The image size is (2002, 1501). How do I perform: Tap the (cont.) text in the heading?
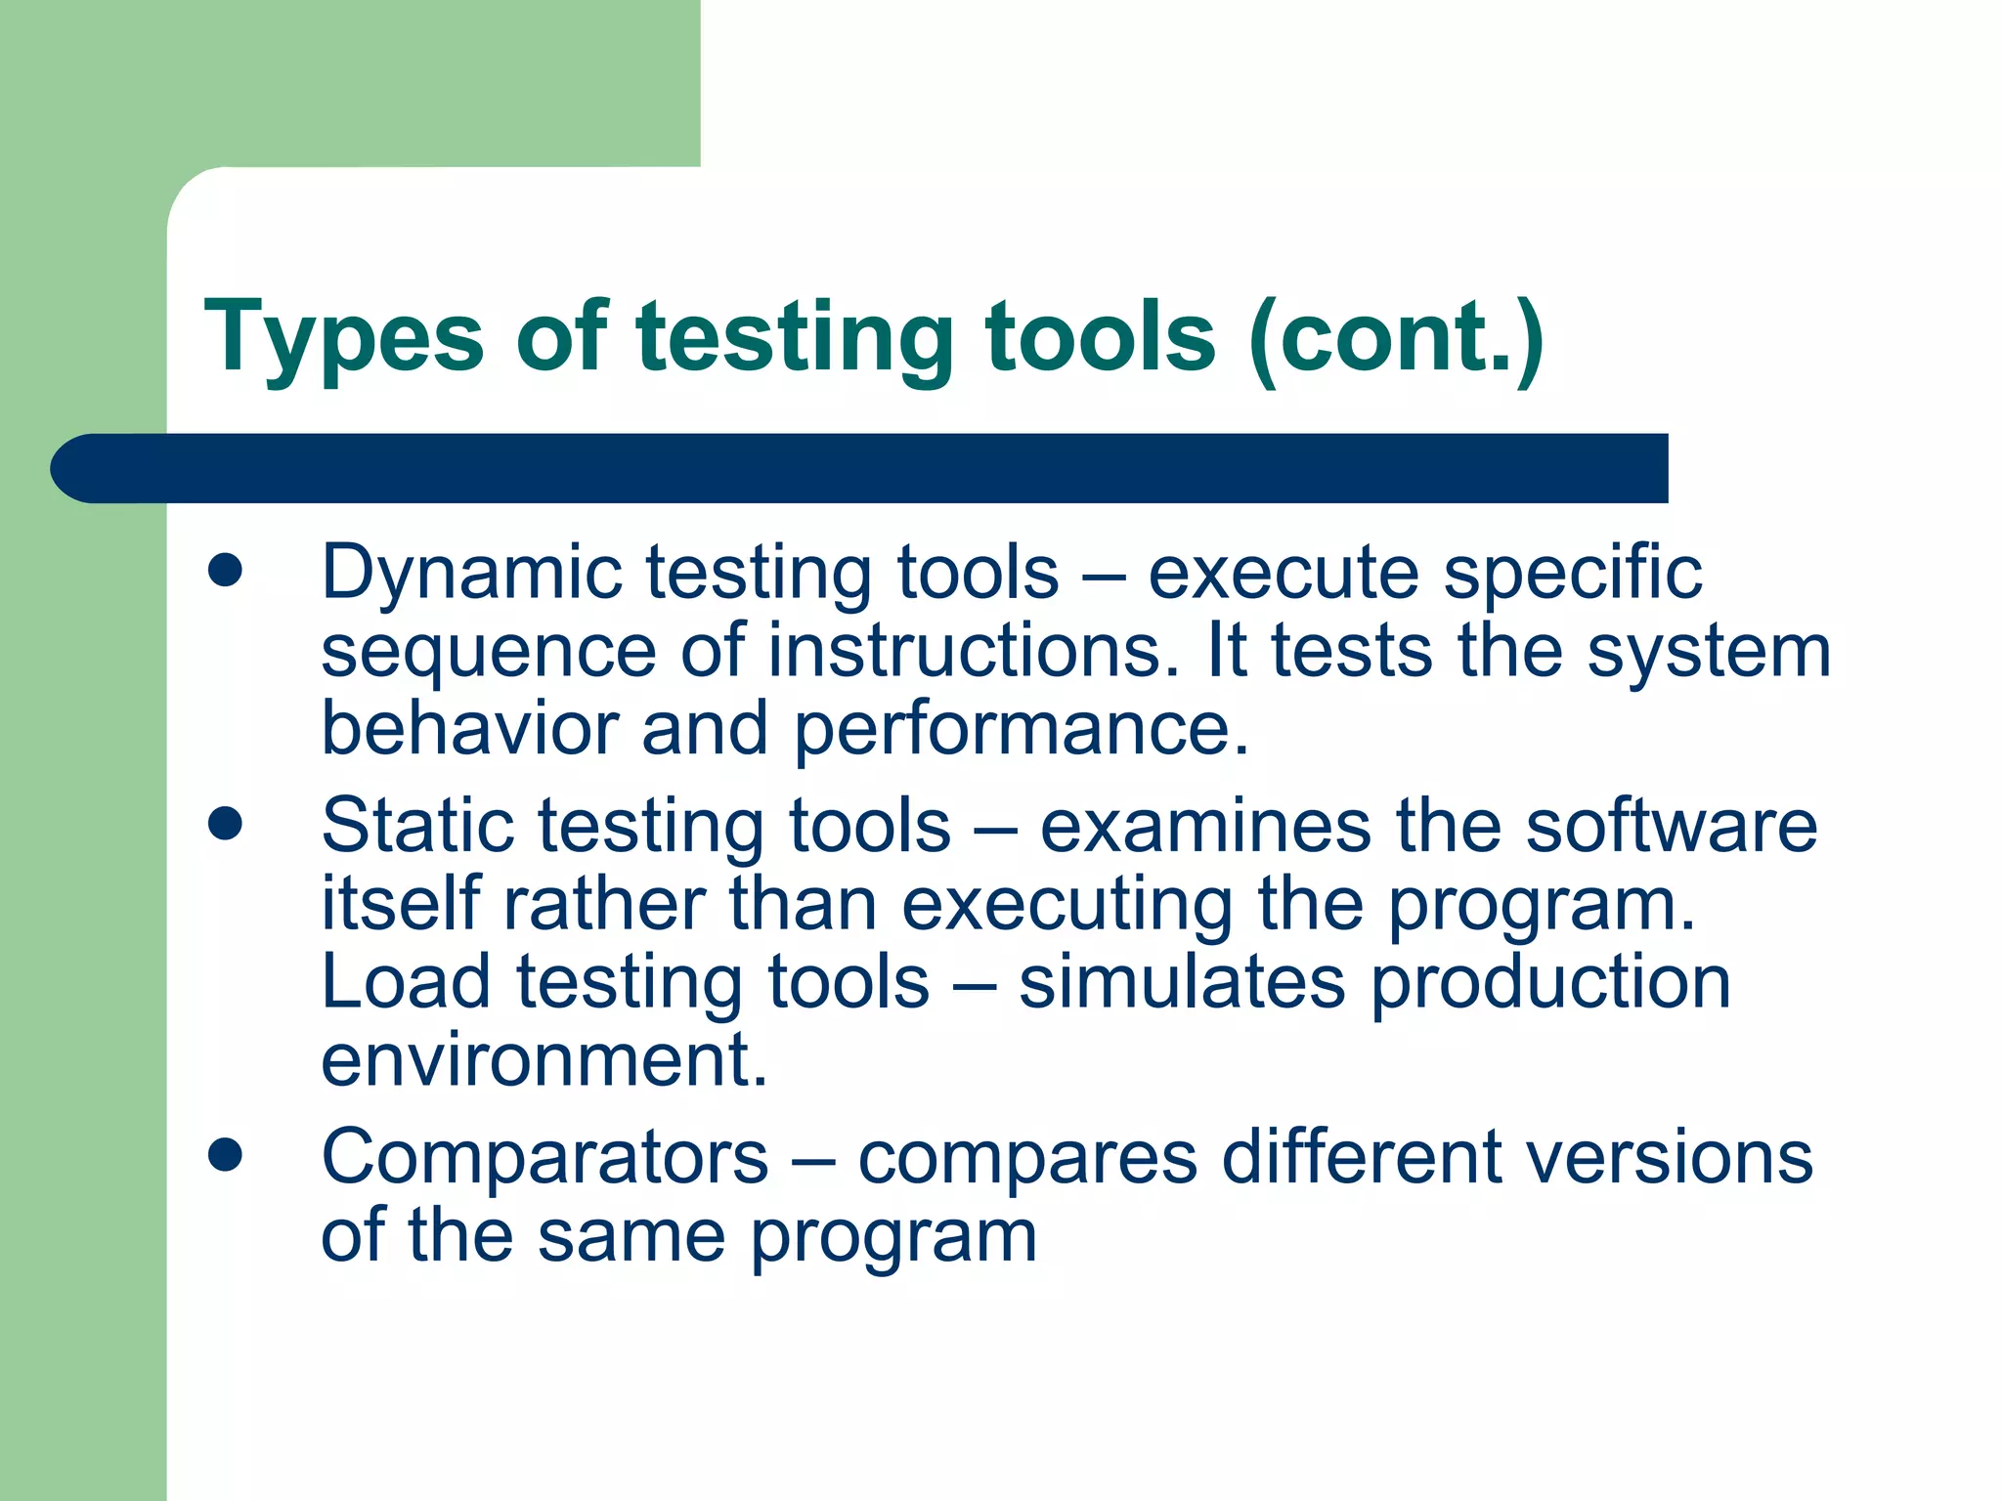coord(1396,337)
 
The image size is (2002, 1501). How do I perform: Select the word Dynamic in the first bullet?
coord(471,573)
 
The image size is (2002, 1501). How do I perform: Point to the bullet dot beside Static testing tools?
coord(225,823)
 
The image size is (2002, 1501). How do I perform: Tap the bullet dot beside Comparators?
coord(225,1155)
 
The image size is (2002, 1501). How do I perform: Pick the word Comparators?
coord(544,1158)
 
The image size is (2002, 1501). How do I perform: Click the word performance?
coord(1021,730)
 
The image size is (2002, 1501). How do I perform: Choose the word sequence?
coord(489,653)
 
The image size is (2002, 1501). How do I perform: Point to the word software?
coord(1671,826)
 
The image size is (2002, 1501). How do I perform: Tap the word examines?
coord(1205,826)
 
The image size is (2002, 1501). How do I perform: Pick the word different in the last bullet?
coord(1361,1158)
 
